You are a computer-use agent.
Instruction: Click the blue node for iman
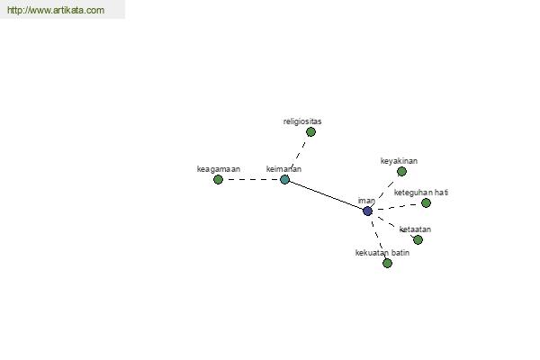[x=367, y=211]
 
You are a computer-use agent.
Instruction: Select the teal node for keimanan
[x=284, y=179]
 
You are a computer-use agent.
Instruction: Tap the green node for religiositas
[x=310, y=132]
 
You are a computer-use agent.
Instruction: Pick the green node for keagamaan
[x=218, y=179]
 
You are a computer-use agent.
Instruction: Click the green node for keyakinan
[x=401, y=171]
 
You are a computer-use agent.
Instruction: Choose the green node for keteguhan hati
[x=426, y=202]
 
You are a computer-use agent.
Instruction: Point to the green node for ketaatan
[x=418, y=239]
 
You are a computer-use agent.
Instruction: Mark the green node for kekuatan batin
[x=387, y=263]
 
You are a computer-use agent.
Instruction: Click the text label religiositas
[x=302, y=121]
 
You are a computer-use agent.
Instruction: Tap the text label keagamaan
[x=219, y=169]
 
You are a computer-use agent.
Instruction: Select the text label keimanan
[x=283, y=169]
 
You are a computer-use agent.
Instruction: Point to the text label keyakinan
[x=399, y=161]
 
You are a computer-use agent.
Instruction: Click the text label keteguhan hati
[x=421, y=193]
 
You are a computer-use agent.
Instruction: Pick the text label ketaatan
[x=415, y=229]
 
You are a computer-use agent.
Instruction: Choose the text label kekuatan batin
[x=382, y=253]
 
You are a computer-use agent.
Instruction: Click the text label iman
[x=366, y=201]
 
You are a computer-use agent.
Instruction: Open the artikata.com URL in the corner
[x=56, y=10]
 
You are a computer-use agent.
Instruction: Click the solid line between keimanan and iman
[x=326, y=195]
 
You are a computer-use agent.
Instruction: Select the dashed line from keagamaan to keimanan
[x=251, y=179]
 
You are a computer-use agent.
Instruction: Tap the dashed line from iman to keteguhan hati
[x=400, y=207]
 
